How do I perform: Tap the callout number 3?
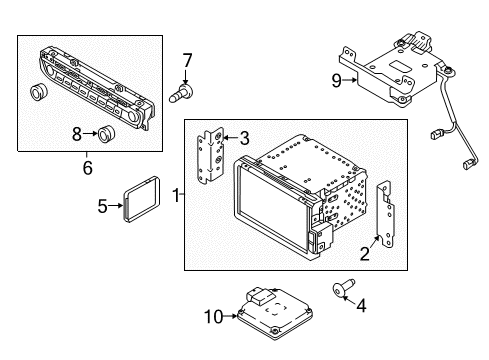243,138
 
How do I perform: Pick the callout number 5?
102,207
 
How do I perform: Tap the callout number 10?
212,316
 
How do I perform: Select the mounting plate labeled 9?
380,72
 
